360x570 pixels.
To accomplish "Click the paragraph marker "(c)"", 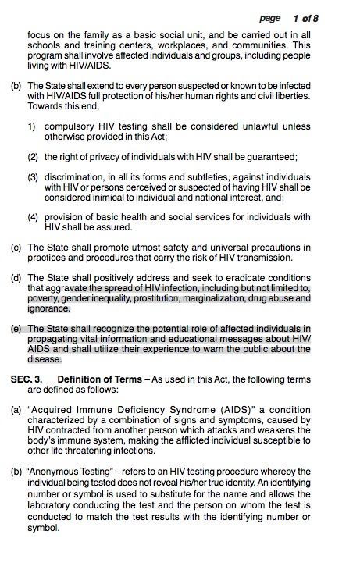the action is click(16, 247).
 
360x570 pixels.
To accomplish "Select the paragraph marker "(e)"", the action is click(16, 328).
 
